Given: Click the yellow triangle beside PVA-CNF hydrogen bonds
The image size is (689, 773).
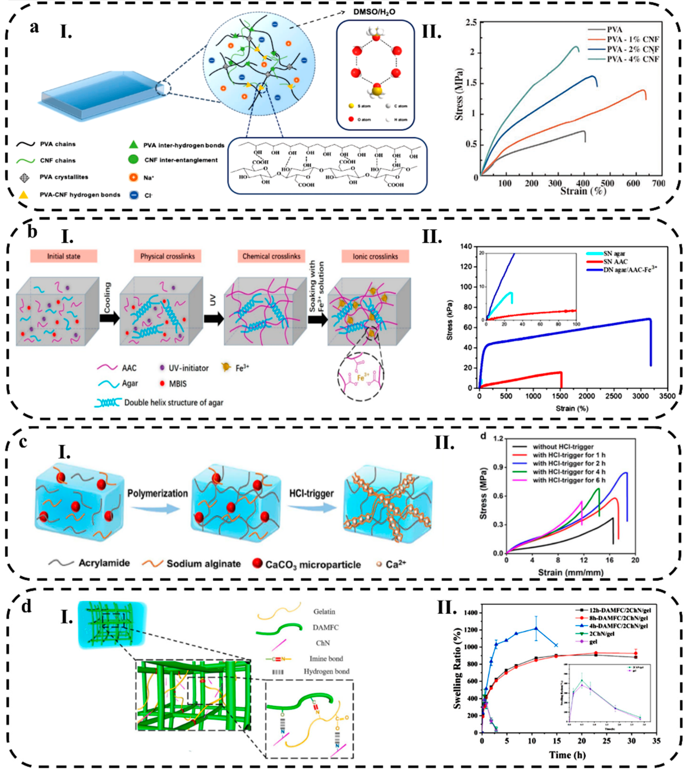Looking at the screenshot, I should pyautogui.click(x=23, y=195).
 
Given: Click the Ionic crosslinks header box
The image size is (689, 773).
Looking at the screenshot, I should pyautogui.click(x=375, y=256).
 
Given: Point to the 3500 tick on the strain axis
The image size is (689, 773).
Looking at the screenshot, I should pyautogui.click(x=667, y=396).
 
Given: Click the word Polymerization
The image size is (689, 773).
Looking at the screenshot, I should pyautogui.click(x=157, y=494).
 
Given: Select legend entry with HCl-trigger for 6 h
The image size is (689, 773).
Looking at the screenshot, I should pyautogui.click(x=569, y=480).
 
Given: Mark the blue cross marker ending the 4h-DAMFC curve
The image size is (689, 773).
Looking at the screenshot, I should pyautogui.click(x=556, y=645).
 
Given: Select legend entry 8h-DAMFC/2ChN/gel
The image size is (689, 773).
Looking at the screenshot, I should pyautogui.click(x=618, y=618).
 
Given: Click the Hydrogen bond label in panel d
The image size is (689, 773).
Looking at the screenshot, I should pyautogui.click(x=326, y=671).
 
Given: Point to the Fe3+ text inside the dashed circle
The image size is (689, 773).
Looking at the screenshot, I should pyautogui.click(x=363, y=377).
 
